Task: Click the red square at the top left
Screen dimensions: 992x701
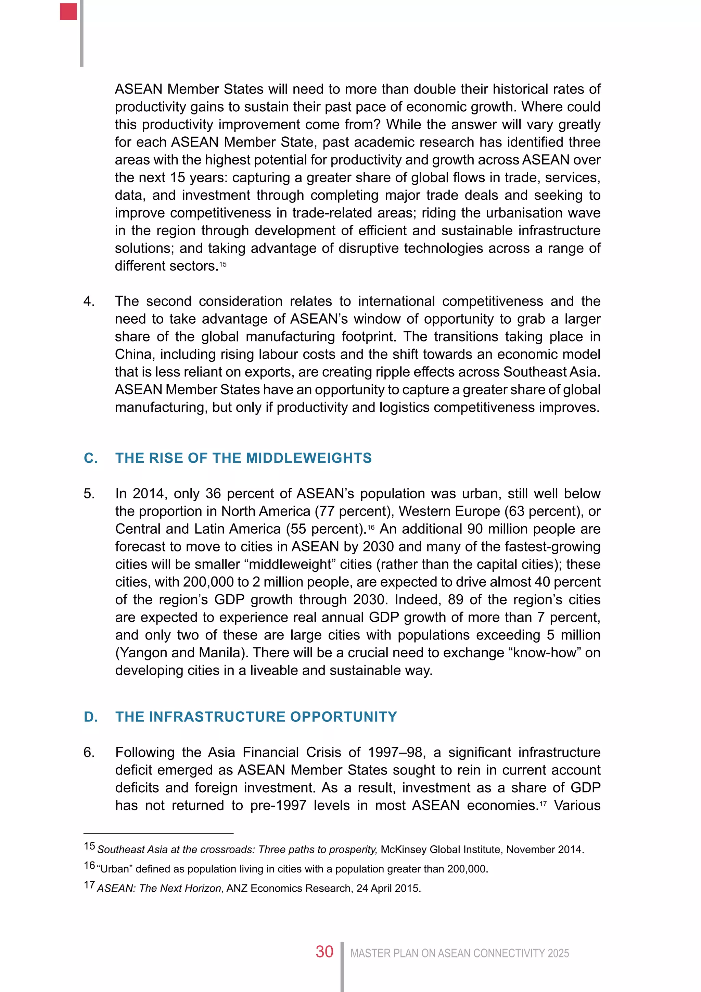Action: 68,11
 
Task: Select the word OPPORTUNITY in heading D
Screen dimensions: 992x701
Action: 343,717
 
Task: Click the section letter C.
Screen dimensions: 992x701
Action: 90,458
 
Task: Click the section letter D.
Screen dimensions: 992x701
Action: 90,717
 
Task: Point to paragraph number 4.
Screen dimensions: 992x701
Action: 89,301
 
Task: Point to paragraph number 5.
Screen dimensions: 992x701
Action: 89,493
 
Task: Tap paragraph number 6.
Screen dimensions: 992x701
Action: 89,752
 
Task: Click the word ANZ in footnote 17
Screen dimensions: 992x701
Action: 237,888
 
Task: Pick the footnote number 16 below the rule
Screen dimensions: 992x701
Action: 89,865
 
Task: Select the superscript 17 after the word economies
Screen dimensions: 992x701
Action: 543,804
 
